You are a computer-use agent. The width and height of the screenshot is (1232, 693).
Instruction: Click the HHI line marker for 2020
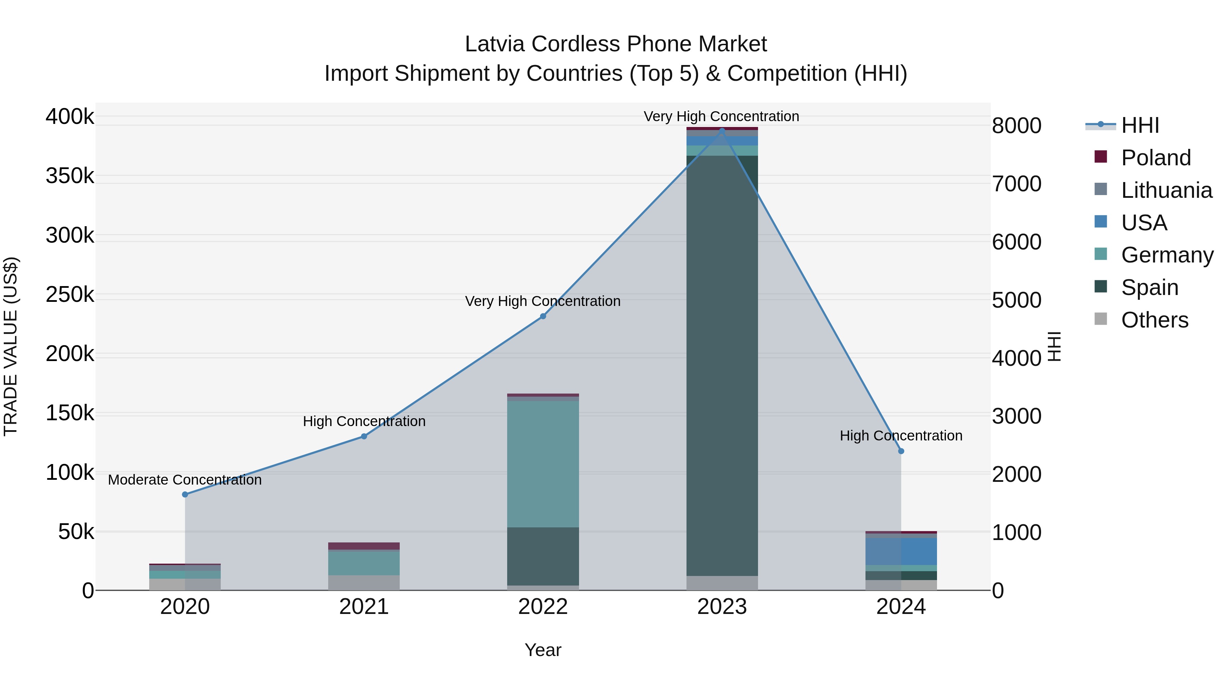pos(185,495)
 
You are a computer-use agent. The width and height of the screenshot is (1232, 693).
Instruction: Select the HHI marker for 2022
pos(543,316)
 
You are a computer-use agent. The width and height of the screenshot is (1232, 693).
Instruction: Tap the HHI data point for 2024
pos(901,451)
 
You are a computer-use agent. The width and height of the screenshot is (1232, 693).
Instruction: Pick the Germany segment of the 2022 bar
pos(543,464)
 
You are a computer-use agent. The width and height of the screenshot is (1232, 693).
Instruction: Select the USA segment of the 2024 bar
pos(901,551)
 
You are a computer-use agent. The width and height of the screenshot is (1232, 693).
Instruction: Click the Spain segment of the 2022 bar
pos(543,556)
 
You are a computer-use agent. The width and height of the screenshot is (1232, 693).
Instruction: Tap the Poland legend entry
pos(1155,158)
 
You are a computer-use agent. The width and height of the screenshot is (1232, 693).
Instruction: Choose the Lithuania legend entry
pos(1166,190)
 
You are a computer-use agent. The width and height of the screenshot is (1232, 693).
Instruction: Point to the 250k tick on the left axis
pos(70,295)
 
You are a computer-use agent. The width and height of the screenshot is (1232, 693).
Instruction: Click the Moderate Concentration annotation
pos(185,480)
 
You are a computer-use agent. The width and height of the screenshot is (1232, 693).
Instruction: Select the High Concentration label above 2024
pos(901,436)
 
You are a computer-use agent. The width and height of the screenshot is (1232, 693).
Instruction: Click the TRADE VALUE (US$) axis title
pos(11,346)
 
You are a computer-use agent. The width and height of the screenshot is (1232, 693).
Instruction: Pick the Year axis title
pos(543,650)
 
